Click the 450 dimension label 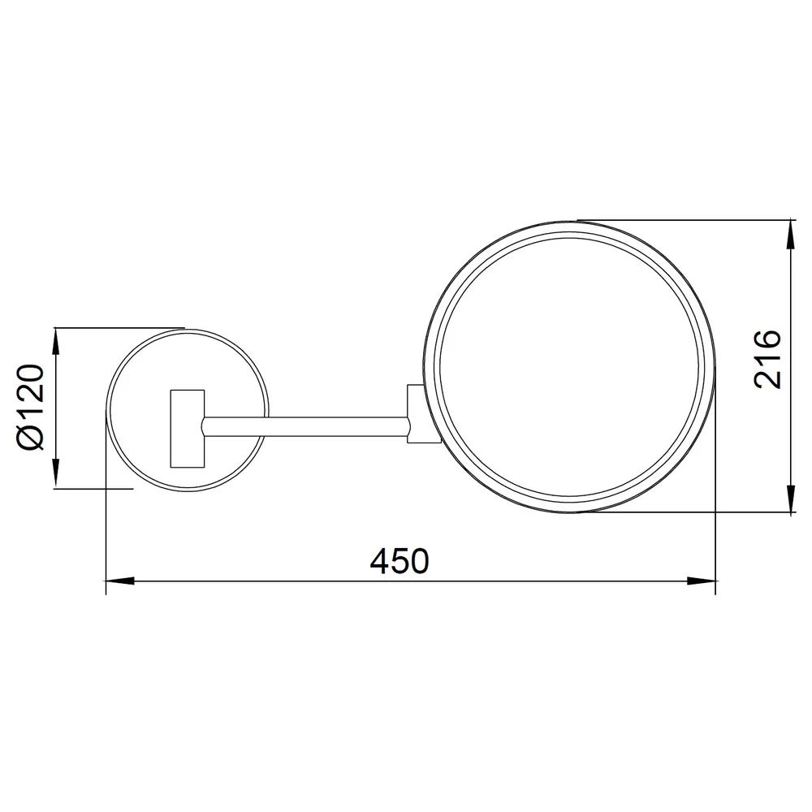(400, 560)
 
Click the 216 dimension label (767, 358)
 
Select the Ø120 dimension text (31, 407)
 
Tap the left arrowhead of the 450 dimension (119, 581)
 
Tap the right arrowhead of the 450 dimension (702, 581)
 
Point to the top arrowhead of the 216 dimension (791, 234)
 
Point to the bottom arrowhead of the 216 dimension (791, 499)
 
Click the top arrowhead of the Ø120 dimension (56, 342)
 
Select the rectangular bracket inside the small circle (188, 429)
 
